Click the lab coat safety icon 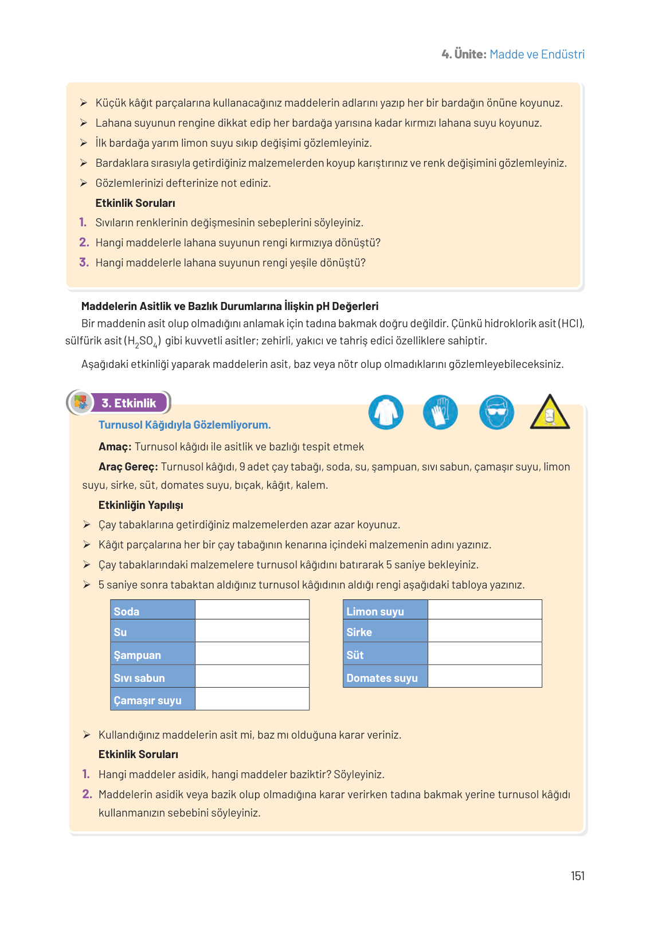pyautogui.click(x=386, y=412)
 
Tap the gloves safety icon pyautogui.click(x=440, y=412)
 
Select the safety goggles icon pyautogui.click(x=496, y=412)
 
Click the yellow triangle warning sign pyautogui.click(x=550, y=413)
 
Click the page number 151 pyautogui.click(x=577, y=876)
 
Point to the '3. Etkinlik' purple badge pyautogui.click(x=129, y=403)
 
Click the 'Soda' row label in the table pyautogui.click(x=127, y=611)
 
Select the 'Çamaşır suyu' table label pyautogui.click(x=147, y=700)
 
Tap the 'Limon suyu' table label pyautogui.click(x=375, y=611)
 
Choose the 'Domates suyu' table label pyautogui.click(x=382, y=678)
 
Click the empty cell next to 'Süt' pyautogui.click(x=484, y=654)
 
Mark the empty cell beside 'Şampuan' pyautogui.click(x=252, y=654)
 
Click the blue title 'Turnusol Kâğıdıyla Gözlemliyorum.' pyautogui.click(x=185, y=425)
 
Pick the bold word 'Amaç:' pyautogui.click(x=115, y=446)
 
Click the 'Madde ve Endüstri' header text pyautogui.click(x=537, y=54)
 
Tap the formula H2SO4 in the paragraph pyautogui.click(x=143, y=341)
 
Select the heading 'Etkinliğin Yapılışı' pyautogui.click(x=141, y=505)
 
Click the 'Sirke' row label pyautogui.click(x=359, y=632)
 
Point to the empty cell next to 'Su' pyautogui.click(x=252, y=631)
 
